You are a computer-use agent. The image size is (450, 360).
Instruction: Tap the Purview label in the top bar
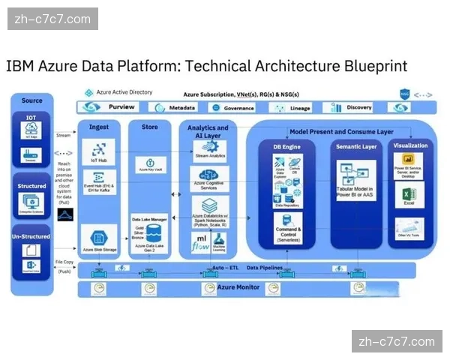120,108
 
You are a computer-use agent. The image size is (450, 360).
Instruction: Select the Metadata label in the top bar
182,108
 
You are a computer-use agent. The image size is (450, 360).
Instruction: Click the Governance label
239,108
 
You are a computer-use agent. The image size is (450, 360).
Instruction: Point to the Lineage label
300,108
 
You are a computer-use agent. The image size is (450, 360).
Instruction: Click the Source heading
32,100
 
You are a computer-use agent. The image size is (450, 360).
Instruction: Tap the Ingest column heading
99,127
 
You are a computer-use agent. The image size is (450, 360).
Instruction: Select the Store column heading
150,127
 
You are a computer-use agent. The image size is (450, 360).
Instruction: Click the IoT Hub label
99,160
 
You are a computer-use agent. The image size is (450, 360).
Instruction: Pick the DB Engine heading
286,147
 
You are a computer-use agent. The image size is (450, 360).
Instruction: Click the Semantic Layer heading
357,147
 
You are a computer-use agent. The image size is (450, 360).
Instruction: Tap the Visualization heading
410,145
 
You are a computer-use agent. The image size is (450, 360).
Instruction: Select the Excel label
409,203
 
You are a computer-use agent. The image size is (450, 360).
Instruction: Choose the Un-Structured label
32,236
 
